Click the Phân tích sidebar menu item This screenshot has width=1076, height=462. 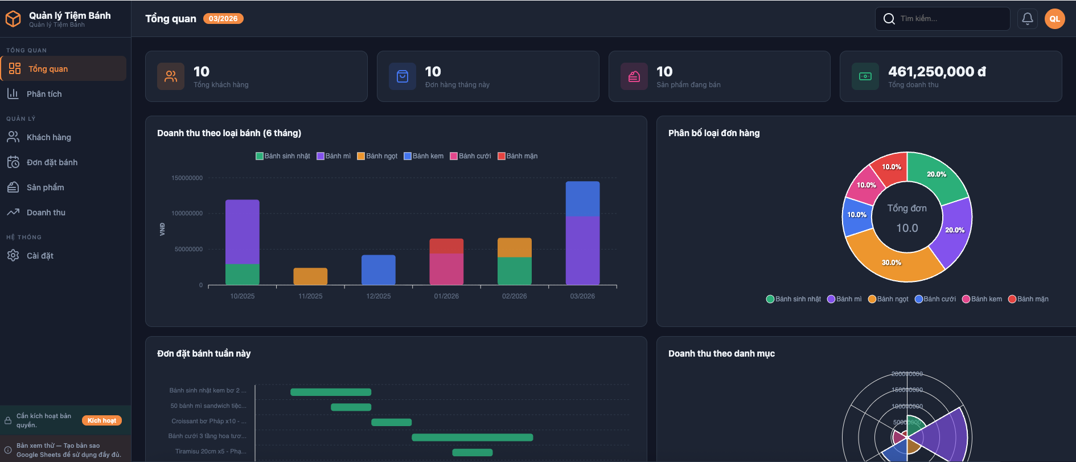click(x=44, y=94)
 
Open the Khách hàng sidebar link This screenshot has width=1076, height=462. click(x=48, y=137)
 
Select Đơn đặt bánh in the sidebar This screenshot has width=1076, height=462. click(x=52, y=162)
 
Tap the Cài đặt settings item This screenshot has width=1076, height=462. click(x=40, y=256)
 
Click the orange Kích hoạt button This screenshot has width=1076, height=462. click(x=102, y=420)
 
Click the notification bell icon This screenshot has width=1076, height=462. click(x=1027, y=19)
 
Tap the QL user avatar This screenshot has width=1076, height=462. click(x=1054, y=19)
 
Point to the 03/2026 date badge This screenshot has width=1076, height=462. click(x=223, y=19)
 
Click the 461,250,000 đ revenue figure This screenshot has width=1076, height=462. click(x=937, y=72)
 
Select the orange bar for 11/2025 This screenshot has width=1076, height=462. click(x=310, y=276)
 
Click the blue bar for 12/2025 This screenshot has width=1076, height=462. click(x=378, y=270)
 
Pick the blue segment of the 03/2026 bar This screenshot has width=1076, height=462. click(x=582, y=199)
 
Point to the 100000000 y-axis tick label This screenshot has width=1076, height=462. click(x=187, y=214)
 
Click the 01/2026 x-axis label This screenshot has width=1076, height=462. click(x=446, y=296)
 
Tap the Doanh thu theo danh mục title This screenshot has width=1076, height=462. click(x=721, y=354)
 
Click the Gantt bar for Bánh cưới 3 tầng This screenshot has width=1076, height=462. click(x=472, y=438)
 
